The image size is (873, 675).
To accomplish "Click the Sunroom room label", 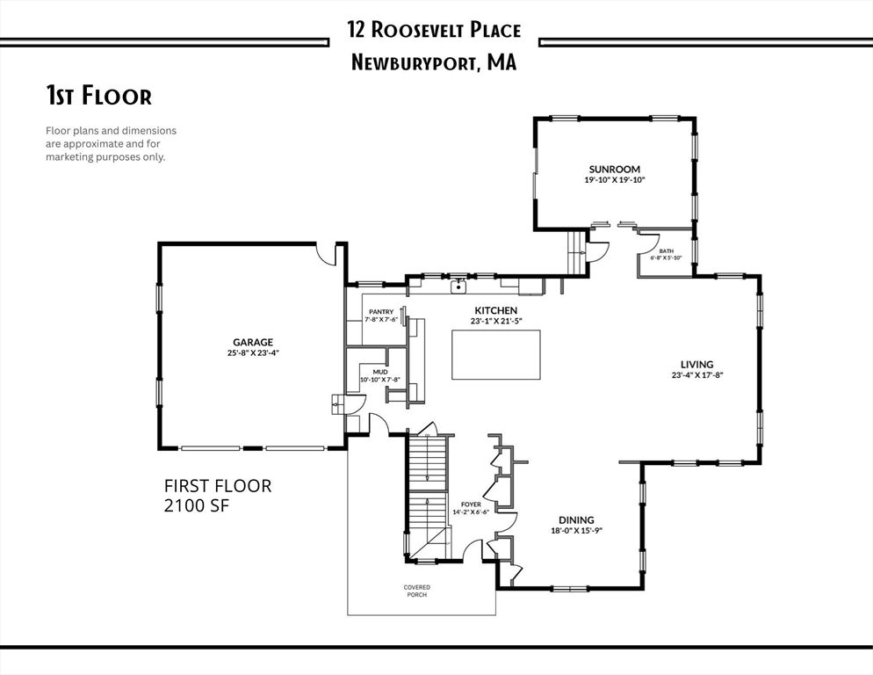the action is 615,169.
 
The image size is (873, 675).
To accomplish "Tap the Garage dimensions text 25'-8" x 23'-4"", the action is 253,352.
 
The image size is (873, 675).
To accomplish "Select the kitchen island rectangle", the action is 495,354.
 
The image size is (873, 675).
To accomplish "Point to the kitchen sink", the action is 458,287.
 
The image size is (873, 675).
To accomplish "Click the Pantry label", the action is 381,312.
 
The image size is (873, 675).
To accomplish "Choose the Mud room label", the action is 380,372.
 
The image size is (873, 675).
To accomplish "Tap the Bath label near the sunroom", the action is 666,251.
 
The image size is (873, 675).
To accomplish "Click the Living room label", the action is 697,365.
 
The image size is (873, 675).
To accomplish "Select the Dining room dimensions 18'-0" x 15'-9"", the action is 577,531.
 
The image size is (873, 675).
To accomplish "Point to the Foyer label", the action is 471,505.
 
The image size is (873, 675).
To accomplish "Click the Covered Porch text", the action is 417,591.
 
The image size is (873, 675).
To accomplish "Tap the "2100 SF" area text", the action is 197,505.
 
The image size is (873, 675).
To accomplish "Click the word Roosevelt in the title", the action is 417,30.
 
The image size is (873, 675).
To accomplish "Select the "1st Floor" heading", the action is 98,95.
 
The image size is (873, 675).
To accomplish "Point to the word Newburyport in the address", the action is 414,62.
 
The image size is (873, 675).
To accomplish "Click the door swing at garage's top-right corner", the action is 327,254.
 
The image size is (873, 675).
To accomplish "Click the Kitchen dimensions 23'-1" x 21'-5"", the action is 496,321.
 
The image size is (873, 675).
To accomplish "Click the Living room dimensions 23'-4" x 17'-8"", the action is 697,375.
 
